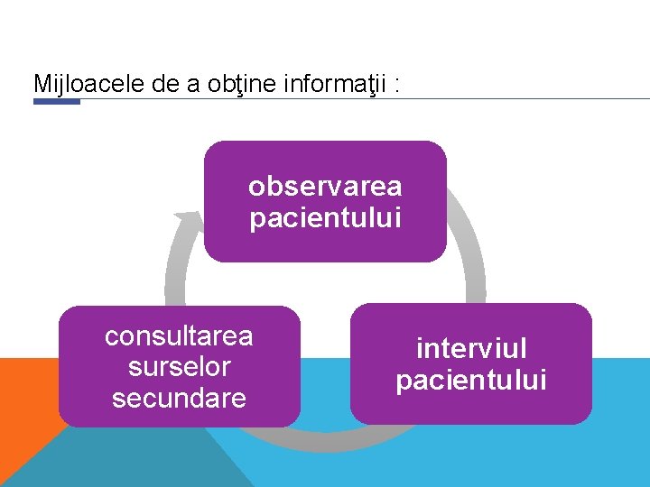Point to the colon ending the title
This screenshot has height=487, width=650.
pos(398,84)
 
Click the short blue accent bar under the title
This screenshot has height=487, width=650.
pos(56,102)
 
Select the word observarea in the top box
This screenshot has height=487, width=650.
pos(325,187)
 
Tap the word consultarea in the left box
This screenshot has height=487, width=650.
pos(179,336)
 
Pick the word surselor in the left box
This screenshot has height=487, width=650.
pos(179,367)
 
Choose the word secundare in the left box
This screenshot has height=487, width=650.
pos(179,398)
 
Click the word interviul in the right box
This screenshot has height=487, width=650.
pos(471,348)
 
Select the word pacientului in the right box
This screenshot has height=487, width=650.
pos(471,380)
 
